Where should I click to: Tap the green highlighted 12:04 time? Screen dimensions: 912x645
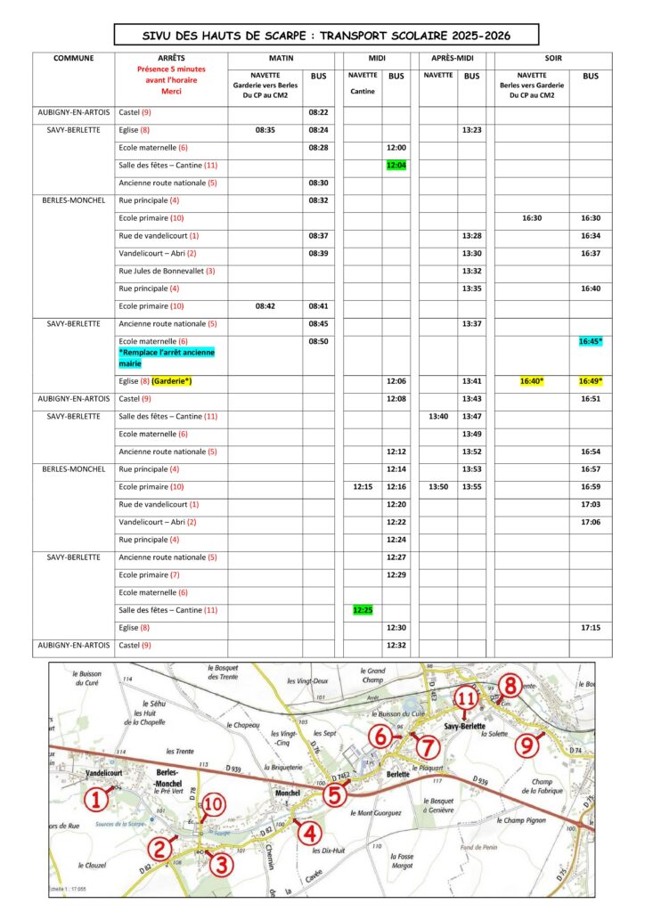[396, 165]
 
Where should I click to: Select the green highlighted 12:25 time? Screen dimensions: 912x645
[363, 610]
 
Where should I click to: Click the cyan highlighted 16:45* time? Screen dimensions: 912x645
[590, 341]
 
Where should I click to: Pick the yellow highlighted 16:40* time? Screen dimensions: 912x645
[532, 381]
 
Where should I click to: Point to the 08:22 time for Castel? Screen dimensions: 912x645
[318, 113]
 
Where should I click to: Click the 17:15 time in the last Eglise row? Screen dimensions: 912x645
[590, 628]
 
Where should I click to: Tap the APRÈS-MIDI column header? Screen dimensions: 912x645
[452, 59]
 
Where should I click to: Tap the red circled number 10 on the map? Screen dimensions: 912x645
[213, 805]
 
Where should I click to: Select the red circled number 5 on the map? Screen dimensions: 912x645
[333, 795]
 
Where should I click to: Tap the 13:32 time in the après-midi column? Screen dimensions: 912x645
[472, 271]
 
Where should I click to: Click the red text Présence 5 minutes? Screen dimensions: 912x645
[171, 69]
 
